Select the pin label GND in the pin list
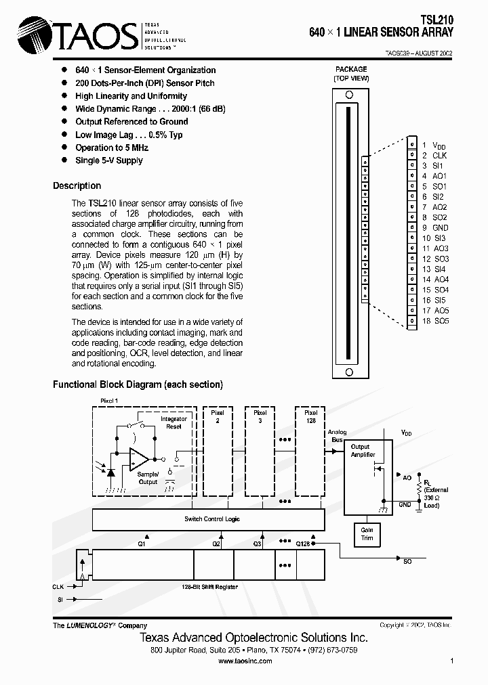[440, 227]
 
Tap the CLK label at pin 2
[439, 156]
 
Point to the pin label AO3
[441, 248]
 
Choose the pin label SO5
[441, 321]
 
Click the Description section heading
[77, 185]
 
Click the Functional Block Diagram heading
[138, 384]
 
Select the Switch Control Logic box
[212, 519]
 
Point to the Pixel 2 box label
[218, 416]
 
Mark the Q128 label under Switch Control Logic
[302, 544]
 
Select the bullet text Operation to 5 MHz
[112, 148]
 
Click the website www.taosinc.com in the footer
[245, 661]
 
